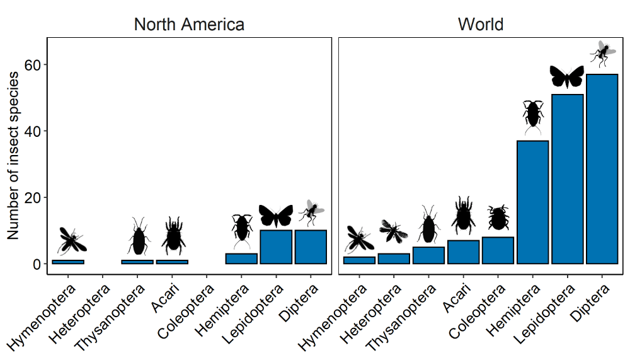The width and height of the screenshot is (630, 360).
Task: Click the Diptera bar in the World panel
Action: click(602, 169)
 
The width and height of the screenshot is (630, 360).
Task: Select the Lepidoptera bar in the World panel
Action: click(567, 179)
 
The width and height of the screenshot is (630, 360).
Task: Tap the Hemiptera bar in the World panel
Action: click(532, 202)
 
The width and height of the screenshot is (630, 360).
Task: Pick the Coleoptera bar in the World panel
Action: click(498, 250)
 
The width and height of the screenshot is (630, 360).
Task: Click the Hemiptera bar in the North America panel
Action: click(241, 258)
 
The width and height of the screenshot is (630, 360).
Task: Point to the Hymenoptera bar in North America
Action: click(68, 262)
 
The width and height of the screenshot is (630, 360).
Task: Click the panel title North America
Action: click(189, 25)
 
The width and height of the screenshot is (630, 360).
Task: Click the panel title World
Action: click(481, 25)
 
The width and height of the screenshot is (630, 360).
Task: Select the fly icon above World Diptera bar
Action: click(602, 54)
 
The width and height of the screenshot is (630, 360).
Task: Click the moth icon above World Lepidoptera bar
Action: click(567, 76)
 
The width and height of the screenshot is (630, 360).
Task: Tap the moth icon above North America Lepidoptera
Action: click(276, 216)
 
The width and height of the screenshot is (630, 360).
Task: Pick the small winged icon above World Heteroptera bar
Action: click(394, 231)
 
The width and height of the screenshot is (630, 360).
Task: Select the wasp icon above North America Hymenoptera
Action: click(71, 240)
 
